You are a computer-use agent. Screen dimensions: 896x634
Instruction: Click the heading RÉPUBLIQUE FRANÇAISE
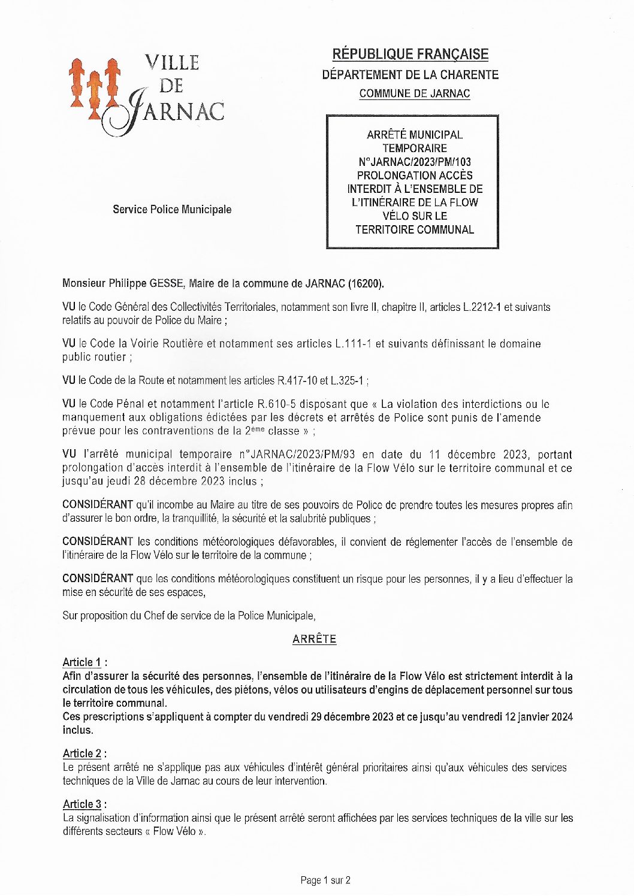[x=410, y=55]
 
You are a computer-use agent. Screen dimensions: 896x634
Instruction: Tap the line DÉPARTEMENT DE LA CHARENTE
[x=410, y=75]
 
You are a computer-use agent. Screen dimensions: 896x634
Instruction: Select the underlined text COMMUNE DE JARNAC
[x=415, y=93]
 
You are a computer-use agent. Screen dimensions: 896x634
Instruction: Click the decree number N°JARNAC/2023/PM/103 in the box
[x=414, y=162]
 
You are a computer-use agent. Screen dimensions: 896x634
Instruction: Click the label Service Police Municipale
[x=172, y=210]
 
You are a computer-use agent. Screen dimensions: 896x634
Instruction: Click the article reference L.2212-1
[x=482, y=307]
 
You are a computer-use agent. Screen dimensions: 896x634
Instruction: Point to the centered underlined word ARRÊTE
[x=315, y=639]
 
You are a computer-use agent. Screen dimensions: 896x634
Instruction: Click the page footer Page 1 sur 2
[x=325, y=880]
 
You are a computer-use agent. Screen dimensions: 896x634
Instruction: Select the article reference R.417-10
[x=297, y=380]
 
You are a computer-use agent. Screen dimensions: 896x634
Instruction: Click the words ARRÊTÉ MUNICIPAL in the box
[x=415, y=135]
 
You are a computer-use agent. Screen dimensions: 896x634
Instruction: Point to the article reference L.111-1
[x=353, y=344]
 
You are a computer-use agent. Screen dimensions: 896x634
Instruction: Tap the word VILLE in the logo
[x=172, y=62]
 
